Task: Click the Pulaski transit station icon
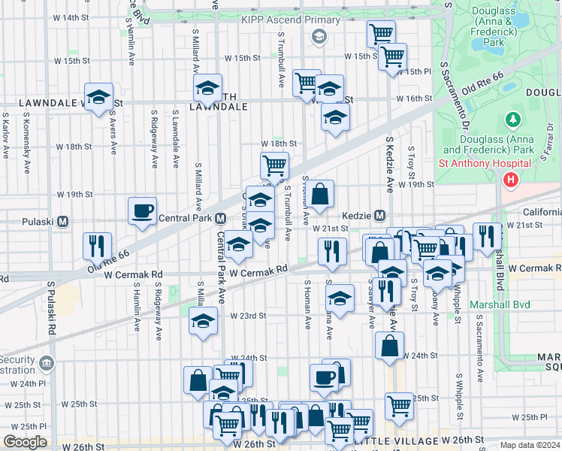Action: [63, 222]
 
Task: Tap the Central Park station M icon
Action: [220, 218]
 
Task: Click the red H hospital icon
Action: [511, 180]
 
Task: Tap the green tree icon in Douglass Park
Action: [512, 120]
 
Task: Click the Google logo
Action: [25, 442]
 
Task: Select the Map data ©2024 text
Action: [530, 445]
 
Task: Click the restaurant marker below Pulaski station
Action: [97, 245]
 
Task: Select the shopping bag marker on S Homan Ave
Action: [320, 193]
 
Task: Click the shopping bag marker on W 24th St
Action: [389, 346]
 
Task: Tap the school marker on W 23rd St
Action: [203, 321]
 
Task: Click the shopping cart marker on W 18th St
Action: [274, 164]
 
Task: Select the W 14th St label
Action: [80, 17]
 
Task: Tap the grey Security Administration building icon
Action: [47, 364]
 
